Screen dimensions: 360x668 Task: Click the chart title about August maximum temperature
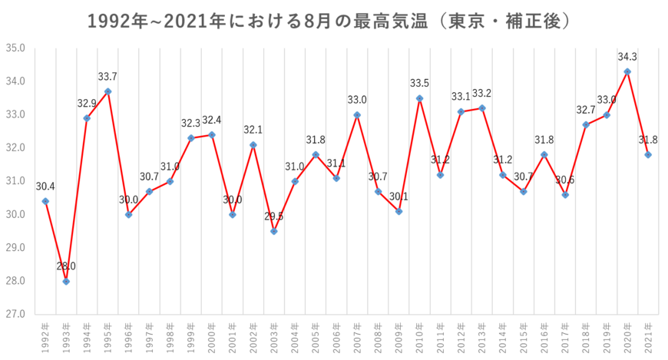coord(329,21)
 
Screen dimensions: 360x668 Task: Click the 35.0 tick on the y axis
coord(17,48)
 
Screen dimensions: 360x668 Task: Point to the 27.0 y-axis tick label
coord(17,314)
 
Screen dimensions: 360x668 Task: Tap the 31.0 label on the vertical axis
coord(17,181)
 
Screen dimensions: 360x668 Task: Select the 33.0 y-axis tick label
coord(17,114)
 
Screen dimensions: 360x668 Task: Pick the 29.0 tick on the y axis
coord(17,248)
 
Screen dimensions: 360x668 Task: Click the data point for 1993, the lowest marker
coord(66,282)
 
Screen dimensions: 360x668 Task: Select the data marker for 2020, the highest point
coord(627,71)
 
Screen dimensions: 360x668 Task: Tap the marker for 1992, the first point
coord(45,201)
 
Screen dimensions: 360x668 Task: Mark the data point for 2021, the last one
coord(648,155)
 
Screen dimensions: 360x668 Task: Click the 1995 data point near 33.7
coord(107,91)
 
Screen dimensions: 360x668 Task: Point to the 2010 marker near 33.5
coord(419,98)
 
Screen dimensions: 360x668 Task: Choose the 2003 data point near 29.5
coord(274,231)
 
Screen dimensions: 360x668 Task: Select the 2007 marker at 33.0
coord(357,114)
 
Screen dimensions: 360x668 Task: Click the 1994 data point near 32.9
coord(87,118)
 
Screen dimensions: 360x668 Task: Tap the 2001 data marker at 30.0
coord(233,215)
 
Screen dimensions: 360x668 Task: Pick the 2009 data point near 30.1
coord(398,211)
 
